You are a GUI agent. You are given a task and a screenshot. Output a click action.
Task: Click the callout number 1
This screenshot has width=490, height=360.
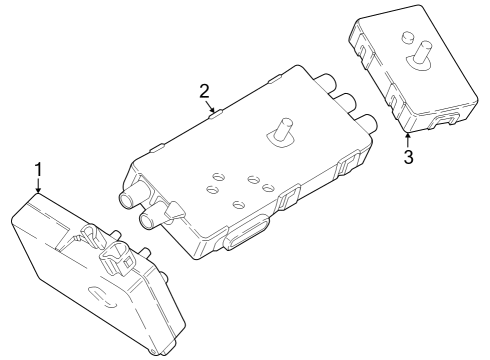click(x=39, y=169)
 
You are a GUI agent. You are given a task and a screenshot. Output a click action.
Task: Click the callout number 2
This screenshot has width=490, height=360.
click(x=204, y=91)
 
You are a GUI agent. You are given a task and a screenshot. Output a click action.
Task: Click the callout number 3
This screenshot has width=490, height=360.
click(x=408, y=157)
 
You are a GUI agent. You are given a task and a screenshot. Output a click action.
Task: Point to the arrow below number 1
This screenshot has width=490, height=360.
click(x=39, y=185)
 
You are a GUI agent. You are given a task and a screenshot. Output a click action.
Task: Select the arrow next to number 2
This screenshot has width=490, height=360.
click(x=210, y=106)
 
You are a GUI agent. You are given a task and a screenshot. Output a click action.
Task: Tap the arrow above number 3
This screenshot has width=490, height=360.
click(x=407, y=140)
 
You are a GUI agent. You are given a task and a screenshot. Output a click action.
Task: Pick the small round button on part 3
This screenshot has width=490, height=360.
click(x=408, y=37)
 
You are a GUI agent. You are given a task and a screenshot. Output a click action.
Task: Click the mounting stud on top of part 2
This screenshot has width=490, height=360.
click(x=282, y=133)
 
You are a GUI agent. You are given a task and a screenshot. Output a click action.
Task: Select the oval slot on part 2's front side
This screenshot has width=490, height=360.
click(x=247, y=232)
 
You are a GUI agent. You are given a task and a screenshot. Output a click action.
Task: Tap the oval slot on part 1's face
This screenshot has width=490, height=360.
click(x=103, y=295)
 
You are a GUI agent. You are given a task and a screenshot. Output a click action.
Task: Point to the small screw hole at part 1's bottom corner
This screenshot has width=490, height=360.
click(x=152, y=351)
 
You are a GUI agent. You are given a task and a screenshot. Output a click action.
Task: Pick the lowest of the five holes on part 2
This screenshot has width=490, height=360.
click(x=239, y=204)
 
